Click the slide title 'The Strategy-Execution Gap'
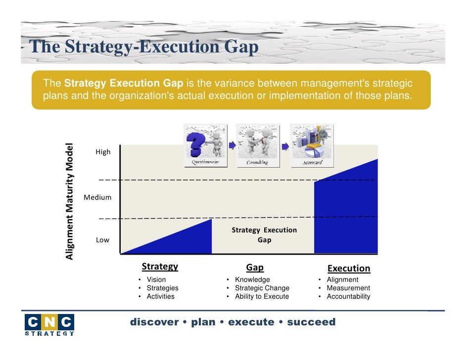144,47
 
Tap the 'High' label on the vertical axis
103,152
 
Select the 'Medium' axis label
97,197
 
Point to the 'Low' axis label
102,240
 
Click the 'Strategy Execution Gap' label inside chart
264,235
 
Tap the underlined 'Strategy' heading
160,267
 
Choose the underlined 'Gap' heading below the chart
255,268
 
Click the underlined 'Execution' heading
349,268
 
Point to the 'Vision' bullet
156,279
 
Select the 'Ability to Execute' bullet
262,297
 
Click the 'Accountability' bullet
348,297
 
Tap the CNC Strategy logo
49,325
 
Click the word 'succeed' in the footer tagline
311,322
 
